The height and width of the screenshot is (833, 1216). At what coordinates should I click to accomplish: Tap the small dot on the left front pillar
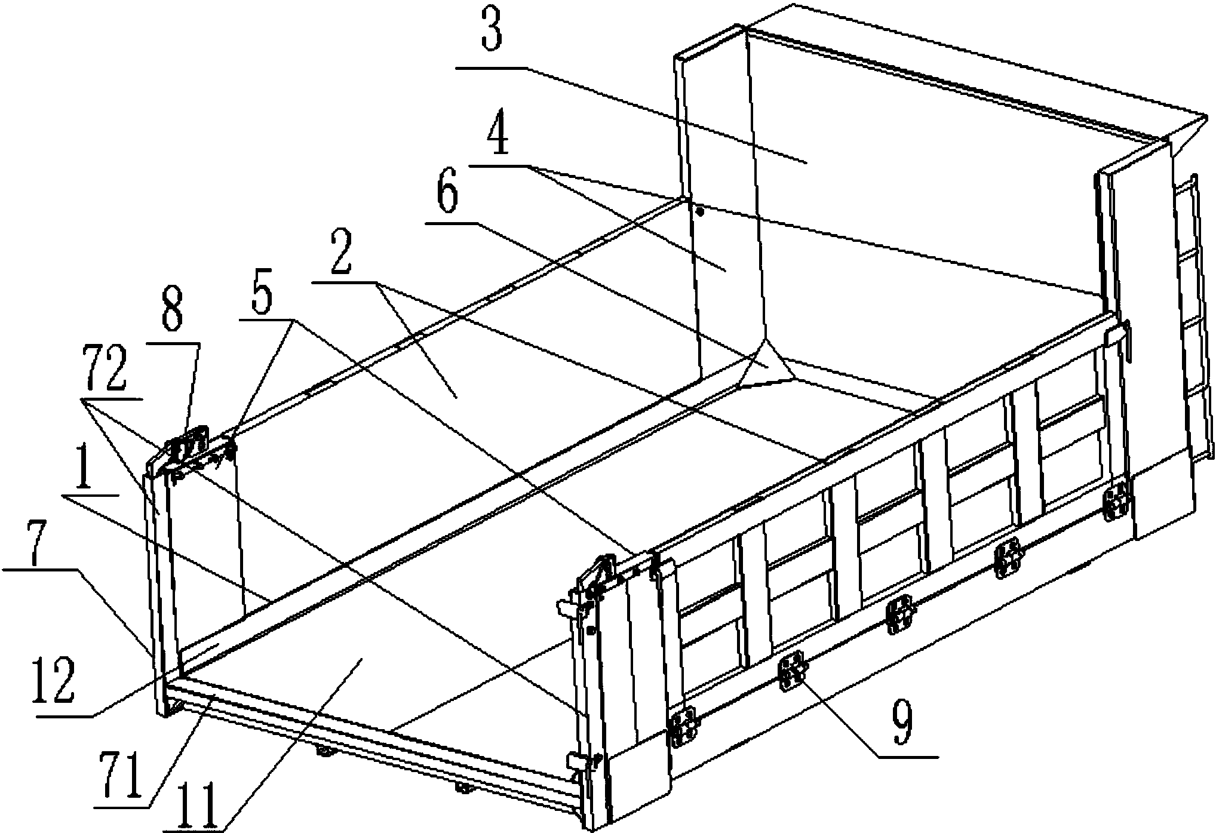click(x=701, y=211)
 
